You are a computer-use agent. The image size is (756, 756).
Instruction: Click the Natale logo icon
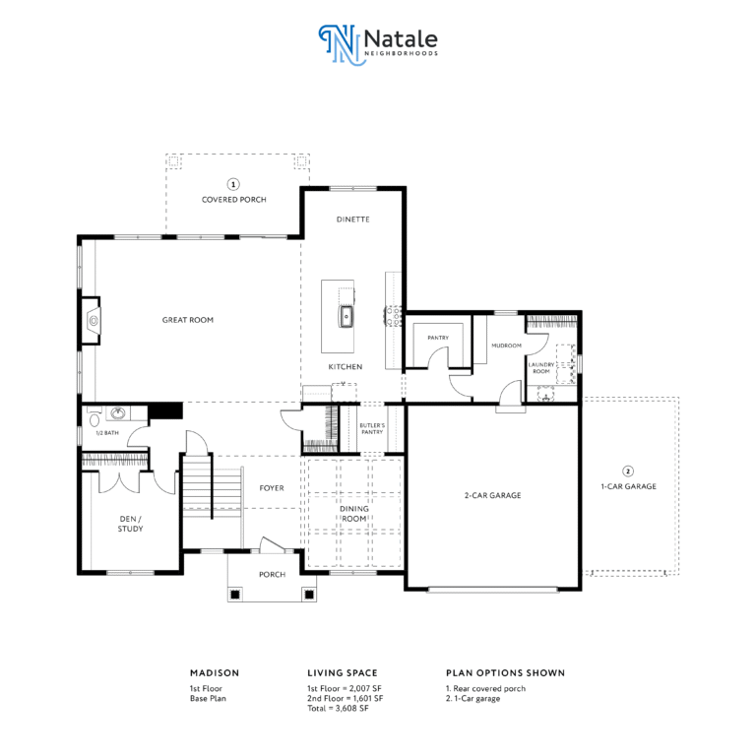pyautogui.click(x=340, y=45)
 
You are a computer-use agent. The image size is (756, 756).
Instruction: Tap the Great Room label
pyautogui.click(x=188, y=320)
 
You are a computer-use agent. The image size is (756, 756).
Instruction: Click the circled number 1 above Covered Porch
pyautogui.click(x=233, y=184)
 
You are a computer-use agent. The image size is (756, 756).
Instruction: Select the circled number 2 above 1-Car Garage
pyautogui.click(x=628, y=472)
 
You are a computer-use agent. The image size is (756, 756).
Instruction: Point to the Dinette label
pyautogui.click(x=353, y=220)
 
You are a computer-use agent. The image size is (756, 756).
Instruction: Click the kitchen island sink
pyautogui.click(x=346, y=317)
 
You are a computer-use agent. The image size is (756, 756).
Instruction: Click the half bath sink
pyautogui.click(x=118, y=413)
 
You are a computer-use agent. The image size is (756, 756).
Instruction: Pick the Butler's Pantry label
pyautogui.click(x=372, y=428)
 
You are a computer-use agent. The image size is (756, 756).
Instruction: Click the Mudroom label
pyautogui.click(x=506, y=346)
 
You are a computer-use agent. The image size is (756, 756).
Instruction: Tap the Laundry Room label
pyautogui.click(x=541, y=368)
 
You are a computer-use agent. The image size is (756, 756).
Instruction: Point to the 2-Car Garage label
pyautogui.click(x=493, y=495)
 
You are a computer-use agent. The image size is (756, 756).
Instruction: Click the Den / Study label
pyautogui.click(x=130, y=524)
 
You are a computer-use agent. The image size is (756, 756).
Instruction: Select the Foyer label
pyautogui.click(x=272, y=488)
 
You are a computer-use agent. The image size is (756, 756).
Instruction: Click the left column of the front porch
pyautogui.click(x=235, y=595)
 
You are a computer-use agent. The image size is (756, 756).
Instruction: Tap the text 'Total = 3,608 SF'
pyautogui.click(x=338, y=709)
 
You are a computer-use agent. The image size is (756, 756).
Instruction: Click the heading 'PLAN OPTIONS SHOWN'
pyautogui.click(x=505, y=673)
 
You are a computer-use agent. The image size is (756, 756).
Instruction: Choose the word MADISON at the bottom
pyautogui.click(x=215, y=673)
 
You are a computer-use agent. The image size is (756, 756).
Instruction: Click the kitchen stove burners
pyautogui.click(x=394, y=316)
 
